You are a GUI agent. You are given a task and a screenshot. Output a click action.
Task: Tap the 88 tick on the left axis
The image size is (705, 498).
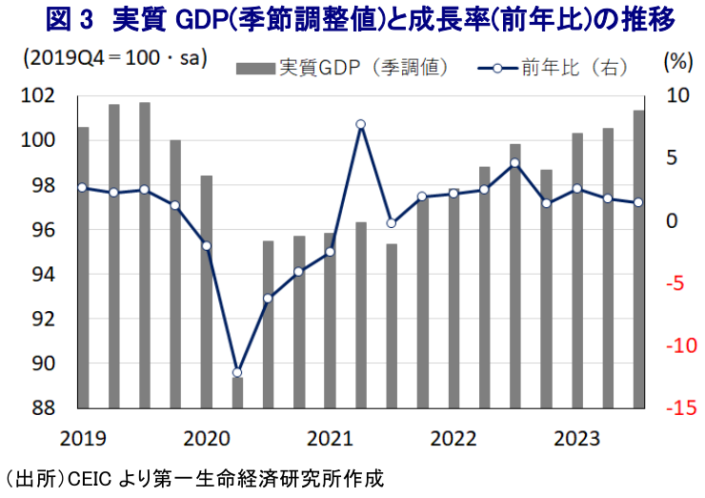pyautogui.click(x=47, y=408)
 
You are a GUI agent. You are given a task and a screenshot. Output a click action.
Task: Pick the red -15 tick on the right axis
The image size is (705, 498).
pyautogui.click(x=674, y=408)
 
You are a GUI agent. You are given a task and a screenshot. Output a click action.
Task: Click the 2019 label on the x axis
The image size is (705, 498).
pyautogui.click(x=83, y=438)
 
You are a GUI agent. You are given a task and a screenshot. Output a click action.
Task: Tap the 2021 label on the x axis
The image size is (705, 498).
pyautogui.click(x=330, y=438)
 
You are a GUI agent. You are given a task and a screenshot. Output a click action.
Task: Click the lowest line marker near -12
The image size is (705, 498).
pyautogui.click(x=237, y=372)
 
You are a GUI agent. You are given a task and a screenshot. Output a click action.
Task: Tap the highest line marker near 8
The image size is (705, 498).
pyautogui.click(x=361, y=124)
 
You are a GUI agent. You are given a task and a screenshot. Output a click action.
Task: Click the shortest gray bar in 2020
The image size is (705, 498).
pyautogui.click(x=237, y=392)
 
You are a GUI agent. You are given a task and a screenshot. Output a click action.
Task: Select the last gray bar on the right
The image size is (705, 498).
pyautogui.click(x=638, y=259)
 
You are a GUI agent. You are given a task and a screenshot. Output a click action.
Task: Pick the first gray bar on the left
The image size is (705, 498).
pyautogui.click(x=83, y=267)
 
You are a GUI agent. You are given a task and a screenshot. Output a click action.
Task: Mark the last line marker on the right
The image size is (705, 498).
pyautogui.click(x=638, y=202)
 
